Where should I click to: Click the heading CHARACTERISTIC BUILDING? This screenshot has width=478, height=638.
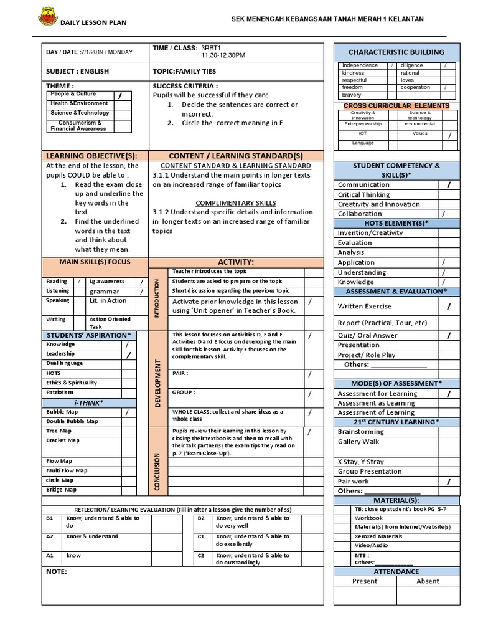[x=396, y=52]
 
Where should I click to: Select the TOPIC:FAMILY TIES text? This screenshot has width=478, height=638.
[x=184, y=72]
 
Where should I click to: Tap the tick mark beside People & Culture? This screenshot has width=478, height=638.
[x=121, y=95]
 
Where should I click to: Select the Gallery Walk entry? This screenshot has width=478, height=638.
[x=358, y=441]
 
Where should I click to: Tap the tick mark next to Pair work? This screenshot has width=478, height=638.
[x=448, y=482]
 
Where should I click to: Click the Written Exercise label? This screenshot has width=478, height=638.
[x=365, y=307]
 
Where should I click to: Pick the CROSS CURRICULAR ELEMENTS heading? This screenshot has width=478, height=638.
[x=396, y=106]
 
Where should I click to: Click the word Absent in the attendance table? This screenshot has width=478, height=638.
[x=428, y=581]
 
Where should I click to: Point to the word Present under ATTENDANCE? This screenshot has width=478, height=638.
[x=365, y=581]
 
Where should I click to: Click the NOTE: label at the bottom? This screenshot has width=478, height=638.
[x=57, y=571]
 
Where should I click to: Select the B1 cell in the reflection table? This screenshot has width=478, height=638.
[x=50, y=518]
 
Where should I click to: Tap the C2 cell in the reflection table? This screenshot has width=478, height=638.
[x=201, y=555]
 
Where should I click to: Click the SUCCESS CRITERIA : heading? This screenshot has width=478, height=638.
[x=185, y=85]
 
